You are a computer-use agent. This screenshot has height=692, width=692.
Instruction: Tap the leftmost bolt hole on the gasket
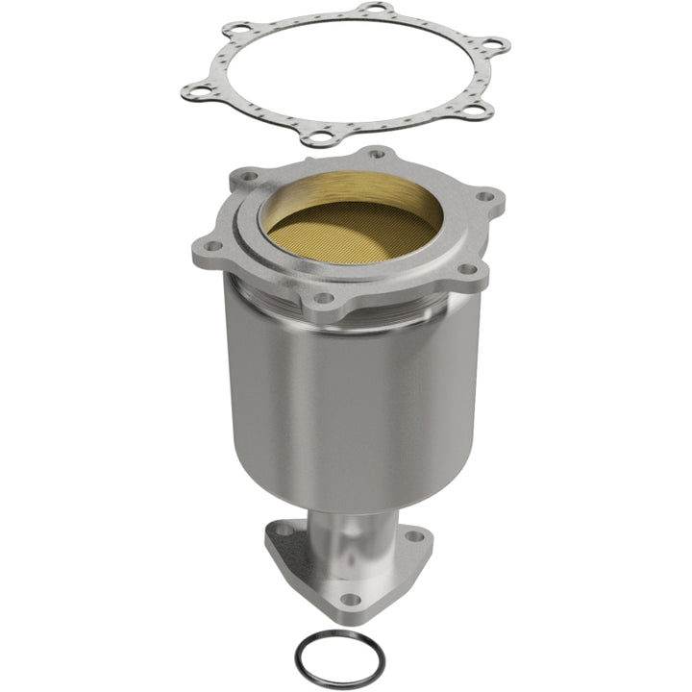click(197, 92)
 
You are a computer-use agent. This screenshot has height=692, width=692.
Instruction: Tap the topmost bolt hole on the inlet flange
click(377, 153)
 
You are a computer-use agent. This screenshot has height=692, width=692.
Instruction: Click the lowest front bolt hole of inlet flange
click(321, 297)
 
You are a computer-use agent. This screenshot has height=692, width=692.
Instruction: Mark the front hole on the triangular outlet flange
click(351, 599)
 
